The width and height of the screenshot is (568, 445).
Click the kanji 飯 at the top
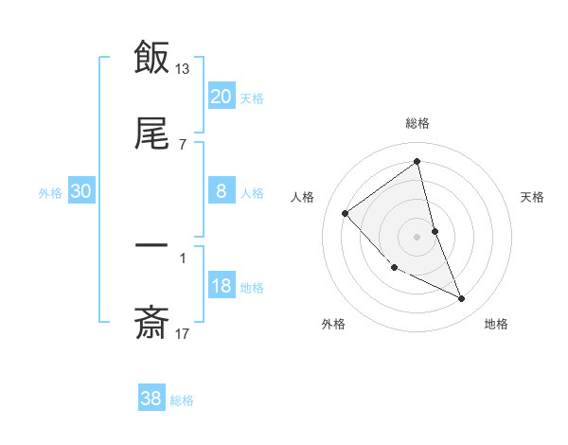click(151, 58)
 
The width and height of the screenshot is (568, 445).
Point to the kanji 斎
click(151, 322)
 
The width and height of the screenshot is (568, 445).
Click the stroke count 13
click(183, 68)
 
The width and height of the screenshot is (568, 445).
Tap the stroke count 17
click(183, 332)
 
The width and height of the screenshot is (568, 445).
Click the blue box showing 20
click(221, 97)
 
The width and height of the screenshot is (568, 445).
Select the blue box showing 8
click(221, 191)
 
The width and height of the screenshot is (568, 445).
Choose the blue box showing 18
click(221, 286)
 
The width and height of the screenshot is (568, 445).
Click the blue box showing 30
click(81, 191)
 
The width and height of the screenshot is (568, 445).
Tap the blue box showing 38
click(151, 399)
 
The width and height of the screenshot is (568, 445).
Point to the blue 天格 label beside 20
click(252, 98)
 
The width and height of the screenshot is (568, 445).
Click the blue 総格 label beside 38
click(182, 400)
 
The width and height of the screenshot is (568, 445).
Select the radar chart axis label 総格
click(417, 123)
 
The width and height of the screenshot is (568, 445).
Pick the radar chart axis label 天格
click(533, 197)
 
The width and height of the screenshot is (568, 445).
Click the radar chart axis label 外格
click(333, 324)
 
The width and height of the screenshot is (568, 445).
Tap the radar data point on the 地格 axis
click(462, 299)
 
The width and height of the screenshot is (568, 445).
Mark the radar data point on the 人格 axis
click(346, 213)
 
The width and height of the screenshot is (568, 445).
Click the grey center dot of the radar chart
click(417, 236)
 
